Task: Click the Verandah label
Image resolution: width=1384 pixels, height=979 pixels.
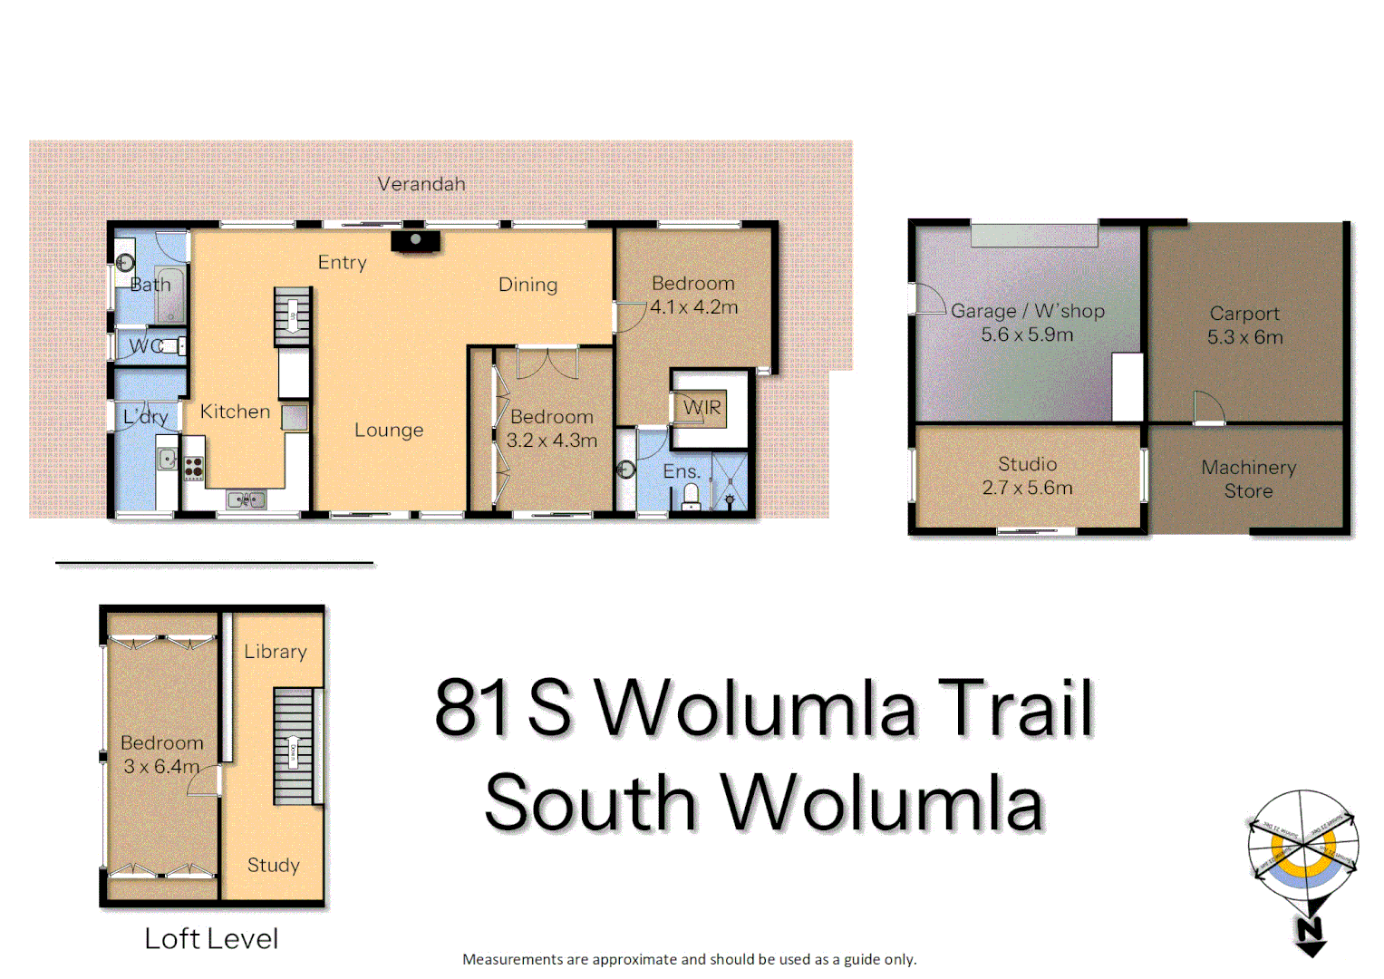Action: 421,184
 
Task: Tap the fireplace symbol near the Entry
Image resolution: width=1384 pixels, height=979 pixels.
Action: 416,240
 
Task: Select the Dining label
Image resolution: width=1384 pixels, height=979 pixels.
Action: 527,285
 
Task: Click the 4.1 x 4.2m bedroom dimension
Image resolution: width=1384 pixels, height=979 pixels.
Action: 693,307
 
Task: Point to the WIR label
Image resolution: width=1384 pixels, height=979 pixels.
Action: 702,408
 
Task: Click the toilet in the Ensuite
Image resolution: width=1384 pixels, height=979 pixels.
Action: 691,496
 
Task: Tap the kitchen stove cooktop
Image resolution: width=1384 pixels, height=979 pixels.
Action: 194,468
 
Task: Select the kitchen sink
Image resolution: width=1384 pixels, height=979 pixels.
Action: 246,499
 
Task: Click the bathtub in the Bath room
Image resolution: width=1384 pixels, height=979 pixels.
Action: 170,295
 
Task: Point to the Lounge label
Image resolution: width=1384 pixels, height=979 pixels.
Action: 389,431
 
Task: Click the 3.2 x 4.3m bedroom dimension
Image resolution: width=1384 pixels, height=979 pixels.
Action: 551,441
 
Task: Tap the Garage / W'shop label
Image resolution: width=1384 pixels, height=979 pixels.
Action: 1027,311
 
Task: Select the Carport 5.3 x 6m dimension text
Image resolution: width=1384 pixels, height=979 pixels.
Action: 1244,337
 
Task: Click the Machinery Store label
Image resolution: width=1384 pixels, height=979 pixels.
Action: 1248,480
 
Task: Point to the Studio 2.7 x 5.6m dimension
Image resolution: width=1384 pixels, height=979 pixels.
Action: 1027,488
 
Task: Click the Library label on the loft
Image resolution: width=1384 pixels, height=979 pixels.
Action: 276,652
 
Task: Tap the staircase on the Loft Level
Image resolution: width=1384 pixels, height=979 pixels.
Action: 294,746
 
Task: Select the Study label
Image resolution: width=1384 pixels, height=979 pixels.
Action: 273,865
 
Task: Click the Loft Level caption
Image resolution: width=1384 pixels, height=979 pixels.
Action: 211,939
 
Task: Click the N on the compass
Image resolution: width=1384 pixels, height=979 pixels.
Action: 1309,931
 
